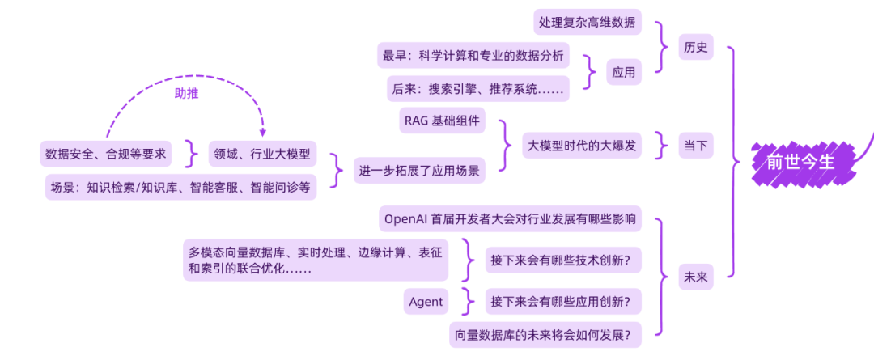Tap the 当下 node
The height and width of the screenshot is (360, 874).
[696, 146]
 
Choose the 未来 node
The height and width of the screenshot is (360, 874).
[696, 277]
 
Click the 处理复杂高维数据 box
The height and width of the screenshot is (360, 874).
[588, 22]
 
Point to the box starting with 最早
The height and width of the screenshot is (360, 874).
[474, 57]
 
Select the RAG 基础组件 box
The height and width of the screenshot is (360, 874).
[442, 122]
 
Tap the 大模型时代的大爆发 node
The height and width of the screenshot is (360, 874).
[582, 146]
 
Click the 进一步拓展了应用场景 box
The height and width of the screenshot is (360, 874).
[419, 171]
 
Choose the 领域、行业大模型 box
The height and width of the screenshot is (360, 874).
[262, 154]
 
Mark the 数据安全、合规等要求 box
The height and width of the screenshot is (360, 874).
[106, 154]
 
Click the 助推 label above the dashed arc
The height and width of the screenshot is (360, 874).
[187, 93]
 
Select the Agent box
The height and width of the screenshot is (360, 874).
[426, 302]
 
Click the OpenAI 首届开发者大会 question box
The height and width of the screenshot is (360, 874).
[510, 218]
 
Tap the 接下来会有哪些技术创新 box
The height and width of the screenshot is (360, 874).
[563, 260]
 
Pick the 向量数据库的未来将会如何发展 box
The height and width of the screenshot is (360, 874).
[545, 333]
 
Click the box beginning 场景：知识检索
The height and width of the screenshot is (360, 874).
[180, 187]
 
